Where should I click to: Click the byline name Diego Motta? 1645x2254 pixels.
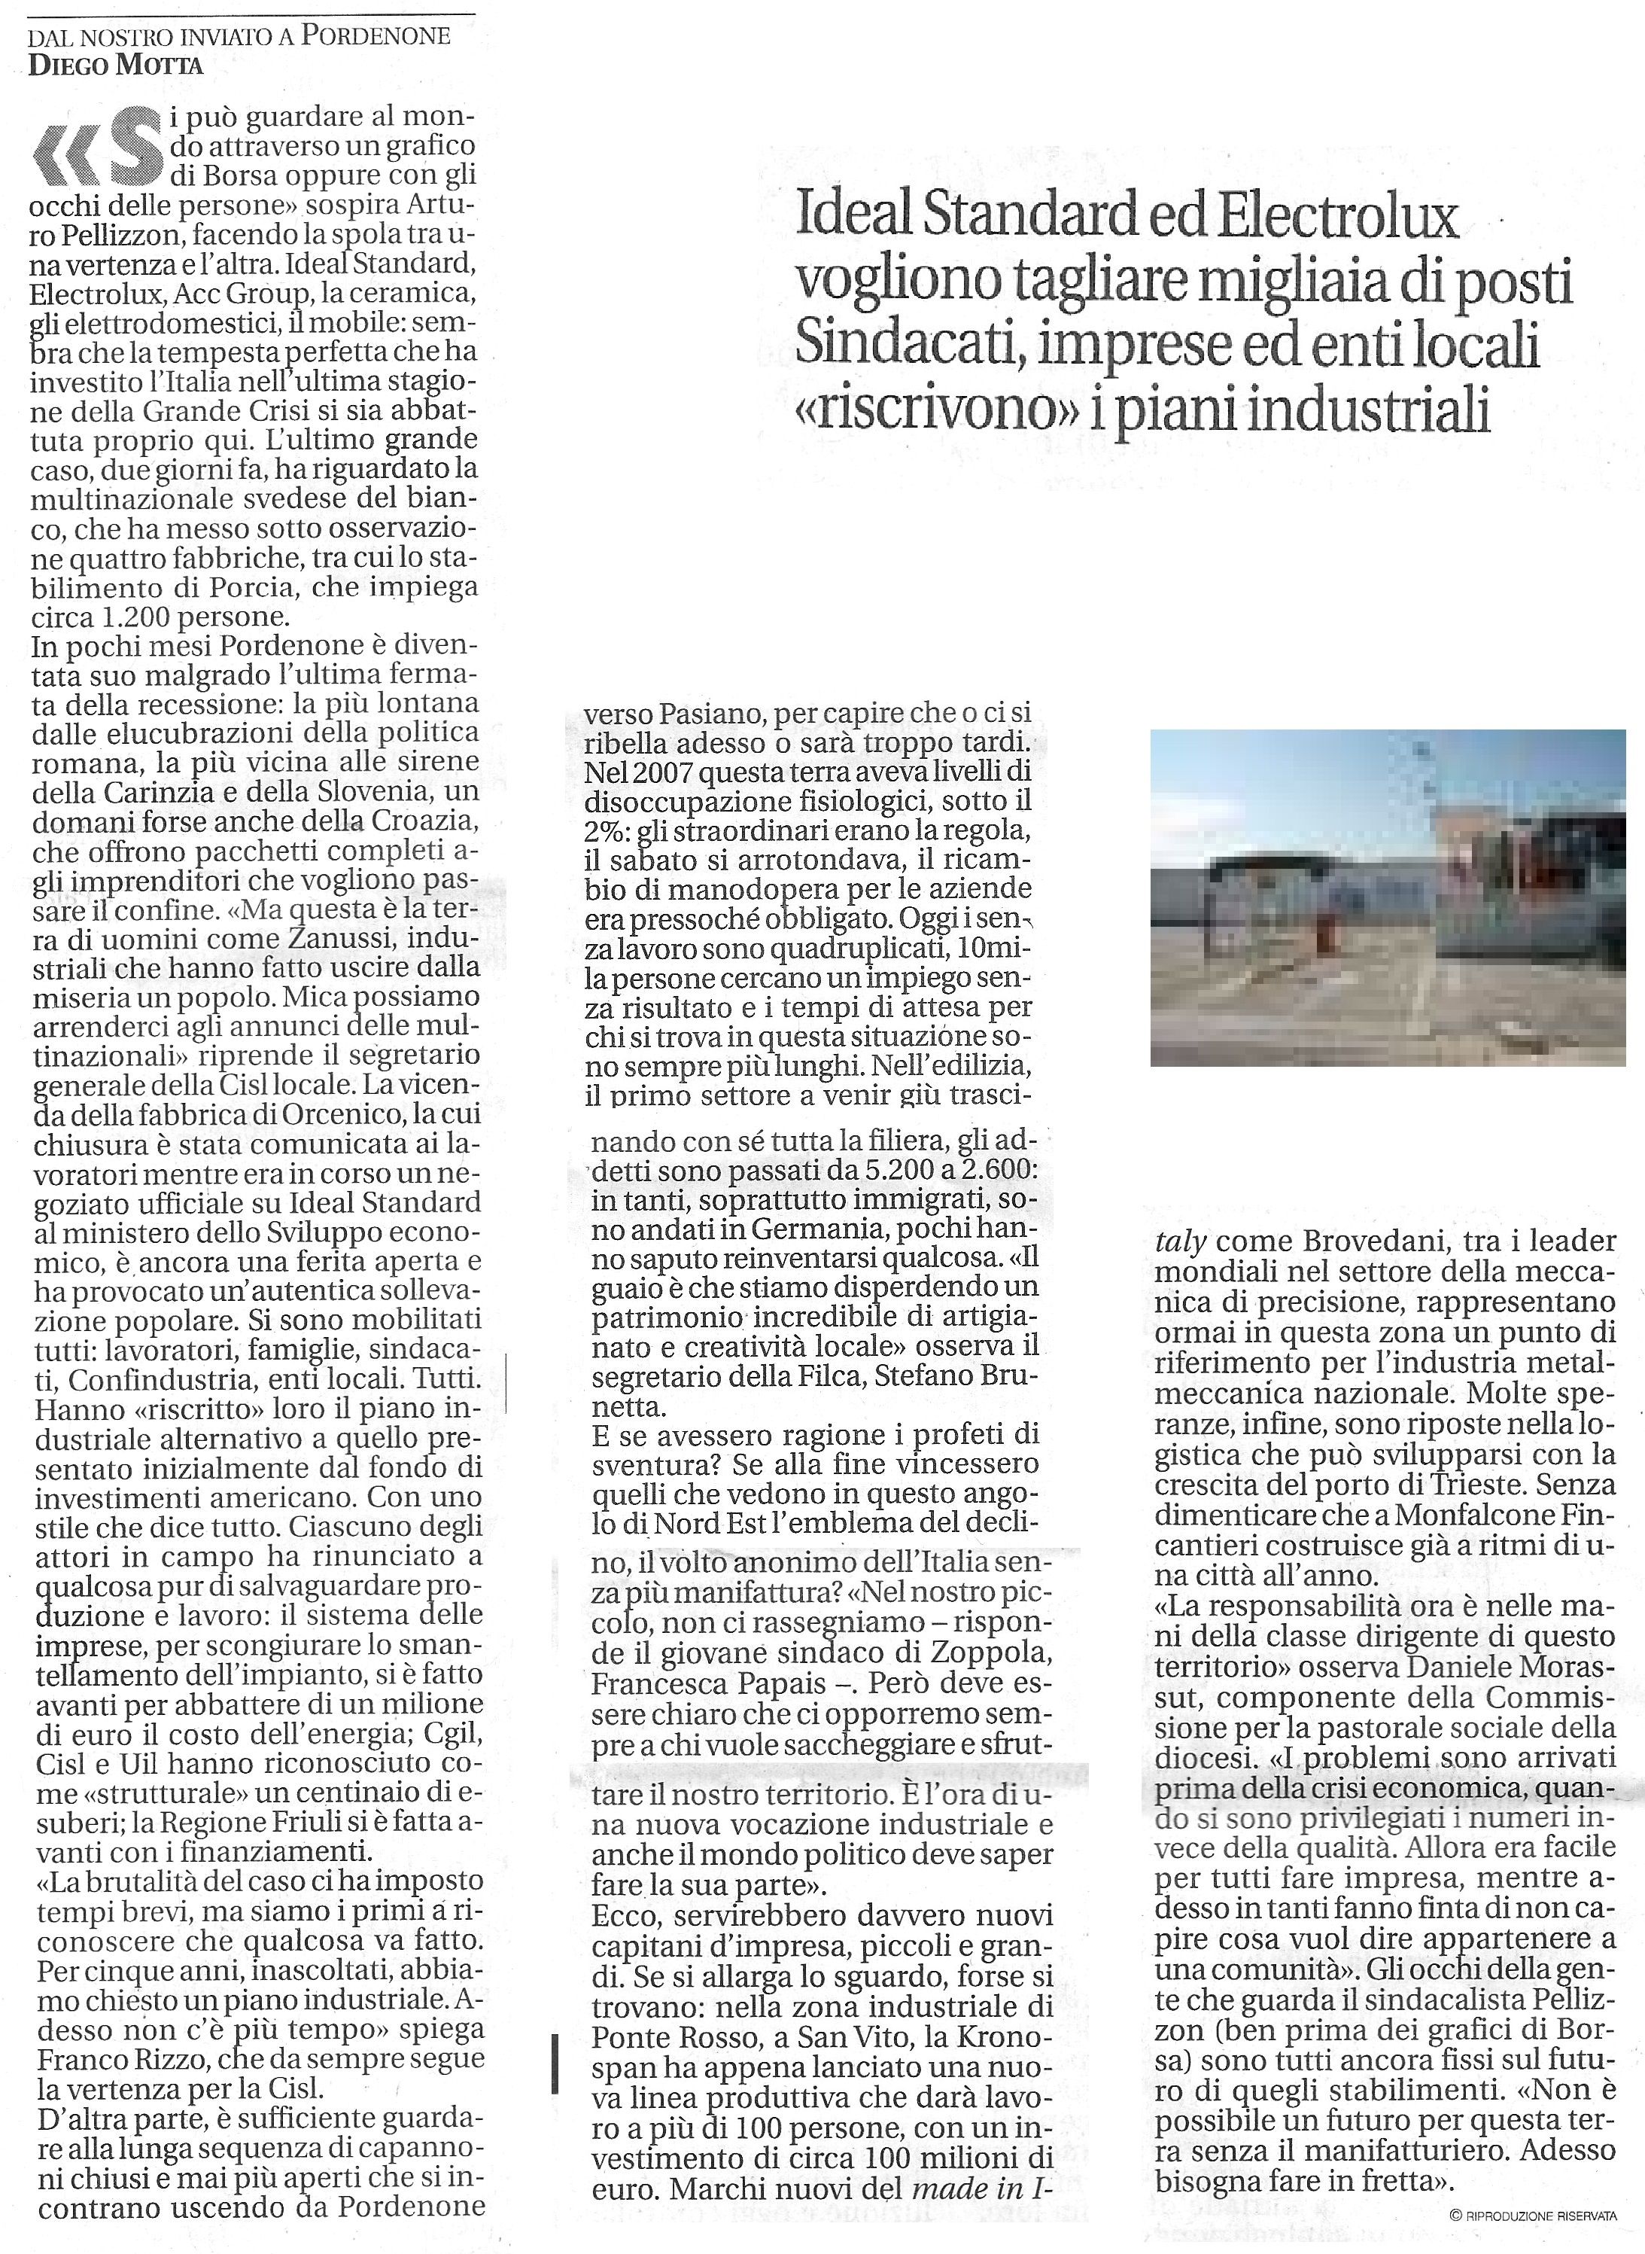click(117, 65)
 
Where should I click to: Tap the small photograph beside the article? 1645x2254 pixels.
click(1387, 897)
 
